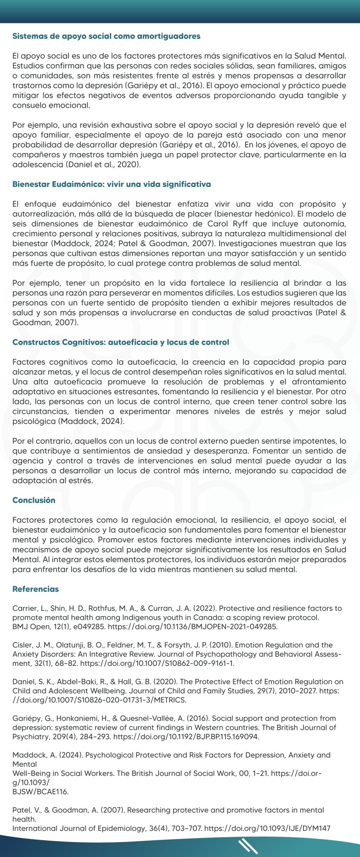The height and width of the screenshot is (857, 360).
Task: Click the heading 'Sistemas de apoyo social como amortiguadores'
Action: (106, 36)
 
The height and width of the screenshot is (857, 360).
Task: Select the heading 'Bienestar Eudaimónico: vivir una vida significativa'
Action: (112, 184)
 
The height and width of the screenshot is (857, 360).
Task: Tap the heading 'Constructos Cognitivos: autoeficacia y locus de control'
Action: (121, 342)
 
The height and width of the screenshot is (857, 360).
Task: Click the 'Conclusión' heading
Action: (34, 500)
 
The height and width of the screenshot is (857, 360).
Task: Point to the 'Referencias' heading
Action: (35, 589)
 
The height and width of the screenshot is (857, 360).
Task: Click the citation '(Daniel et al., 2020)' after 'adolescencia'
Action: (103, 164)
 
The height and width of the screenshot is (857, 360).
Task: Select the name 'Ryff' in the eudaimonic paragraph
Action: (238, 224)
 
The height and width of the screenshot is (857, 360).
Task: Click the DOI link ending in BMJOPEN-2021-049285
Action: (193, 627)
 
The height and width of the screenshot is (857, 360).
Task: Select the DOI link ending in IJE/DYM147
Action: (267, 828)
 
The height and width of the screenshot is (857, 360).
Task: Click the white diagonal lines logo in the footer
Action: (248, 846)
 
